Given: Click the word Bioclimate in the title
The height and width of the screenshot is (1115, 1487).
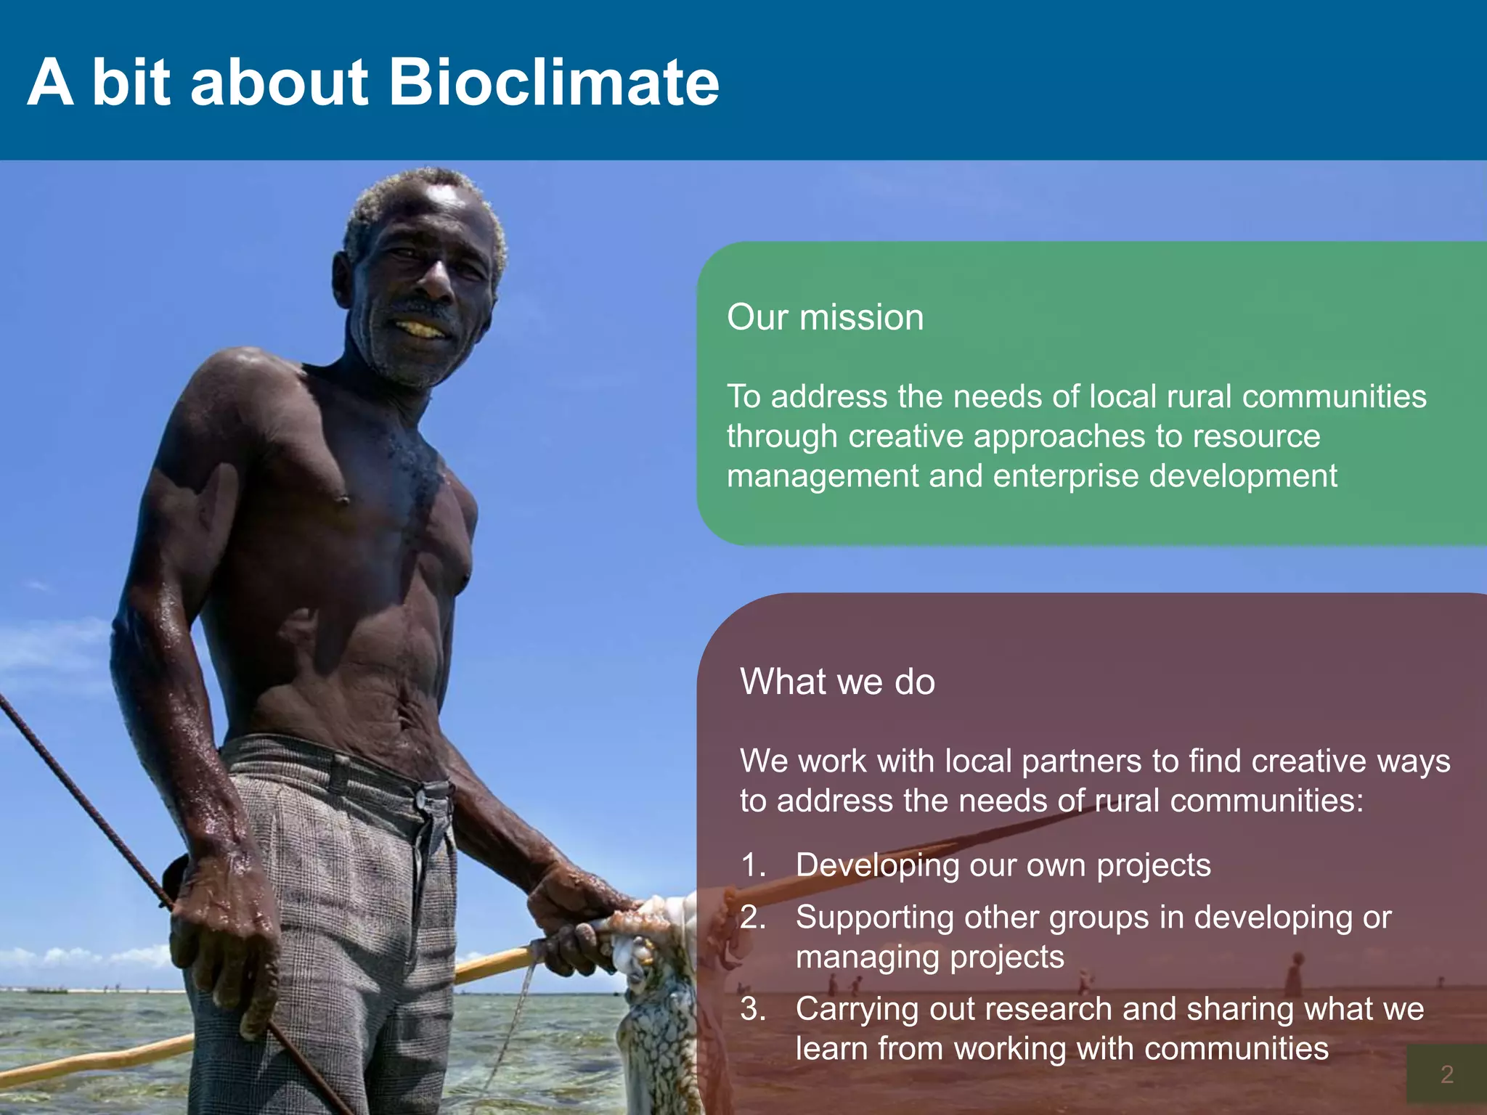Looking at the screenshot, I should pos(553,82).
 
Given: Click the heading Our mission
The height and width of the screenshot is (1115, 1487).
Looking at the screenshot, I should pos(825,317).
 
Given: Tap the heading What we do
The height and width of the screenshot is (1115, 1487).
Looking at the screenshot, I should pos(837,682).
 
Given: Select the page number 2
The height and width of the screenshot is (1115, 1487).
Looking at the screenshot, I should pos(1446,1074).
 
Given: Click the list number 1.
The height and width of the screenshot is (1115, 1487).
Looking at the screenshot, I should pos(752,865).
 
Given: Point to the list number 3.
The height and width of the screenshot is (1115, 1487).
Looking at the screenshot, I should pos(752,1009).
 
